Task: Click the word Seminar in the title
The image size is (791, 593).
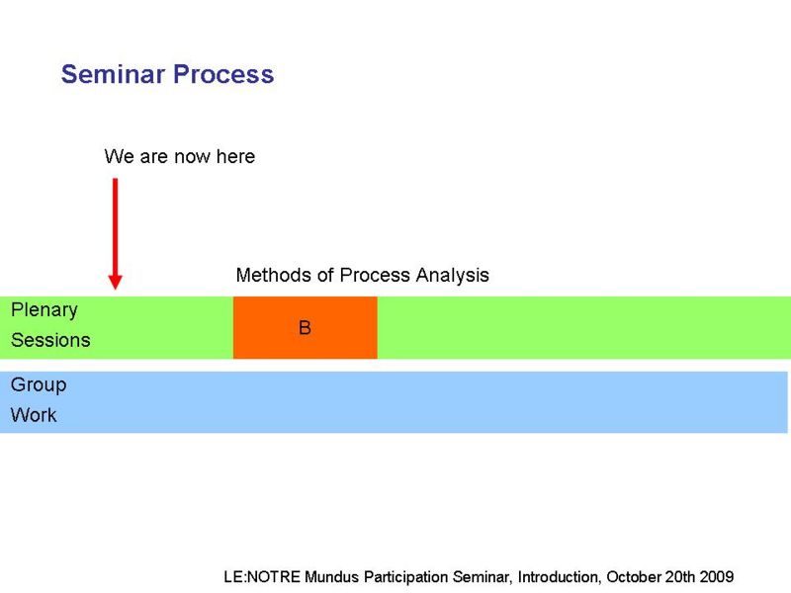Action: (x=113, y=74)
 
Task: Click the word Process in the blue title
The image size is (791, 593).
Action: (x=223, y=74)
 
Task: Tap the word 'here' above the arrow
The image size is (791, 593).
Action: (x=235, y=156)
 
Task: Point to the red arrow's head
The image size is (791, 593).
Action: (x=115, y=282)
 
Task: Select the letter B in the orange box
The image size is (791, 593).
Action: (x=305, y=328)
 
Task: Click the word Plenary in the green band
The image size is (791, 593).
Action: (x=44, y=310)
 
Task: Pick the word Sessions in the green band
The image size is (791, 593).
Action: (x=50, y=340)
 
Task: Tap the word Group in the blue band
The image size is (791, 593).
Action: (x=39, y=385)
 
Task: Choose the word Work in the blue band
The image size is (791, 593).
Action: (x=34, y=415)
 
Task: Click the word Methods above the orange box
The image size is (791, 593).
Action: (x=273, y=275)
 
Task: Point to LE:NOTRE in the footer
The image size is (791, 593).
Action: (x=262, y=576)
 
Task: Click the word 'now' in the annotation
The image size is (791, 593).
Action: (x=192, y=158)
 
